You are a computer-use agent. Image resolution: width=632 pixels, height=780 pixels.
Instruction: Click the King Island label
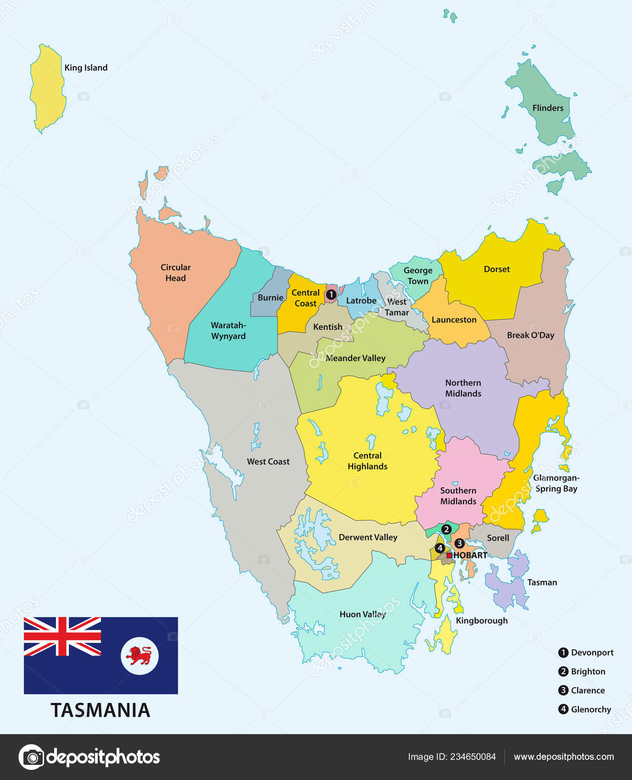86,68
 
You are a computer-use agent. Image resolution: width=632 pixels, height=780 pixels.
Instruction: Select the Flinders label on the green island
548,108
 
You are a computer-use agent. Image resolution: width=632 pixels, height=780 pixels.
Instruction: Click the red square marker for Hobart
449,555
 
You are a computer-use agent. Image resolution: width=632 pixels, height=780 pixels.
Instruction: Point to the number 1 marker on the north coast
330,295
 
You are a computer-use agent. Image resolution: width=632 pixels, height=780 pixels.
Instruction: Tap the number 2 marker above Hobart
446,529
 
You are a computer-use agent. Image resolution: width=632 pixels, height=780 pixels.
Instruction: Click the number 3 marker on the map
459,543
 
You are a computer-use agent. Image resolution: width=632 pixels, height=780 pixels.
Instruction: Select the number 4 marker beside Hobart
440,548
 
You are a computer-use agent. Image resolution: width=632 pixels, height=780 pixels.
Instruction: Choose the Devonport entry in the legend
592,652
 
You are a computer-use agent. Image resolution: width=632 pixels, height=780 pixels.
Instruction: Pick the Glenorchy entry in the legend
591,709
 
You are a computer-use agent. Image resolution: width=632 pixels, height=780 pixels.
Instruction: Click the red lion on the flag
140,656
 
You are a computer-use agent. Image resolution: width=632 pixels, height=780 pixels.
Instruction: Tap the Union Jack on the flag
62,636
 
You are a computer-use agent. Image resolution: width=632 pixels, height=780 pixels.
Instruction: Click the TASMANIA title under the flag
101,710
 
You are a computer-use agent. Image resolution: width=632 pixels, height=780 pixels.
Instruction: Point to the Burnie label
270,298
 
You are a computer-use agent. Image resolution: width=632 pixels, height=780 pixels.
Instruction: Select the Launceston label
454,320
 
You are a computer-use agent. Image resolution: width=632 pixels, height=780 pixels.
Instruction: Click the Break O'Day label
531,335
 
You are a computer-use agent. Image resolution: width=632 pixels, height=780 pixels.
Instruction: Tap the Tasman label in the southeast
542,583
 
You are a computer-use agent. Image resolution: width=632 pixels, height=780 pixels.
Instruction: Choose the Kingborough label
481,621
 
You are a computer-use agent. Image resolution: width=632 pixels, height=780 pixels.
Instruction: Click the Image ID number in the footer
473,757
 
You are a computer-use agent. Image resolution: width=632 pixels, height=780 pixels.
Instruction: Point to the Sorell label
498,538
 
